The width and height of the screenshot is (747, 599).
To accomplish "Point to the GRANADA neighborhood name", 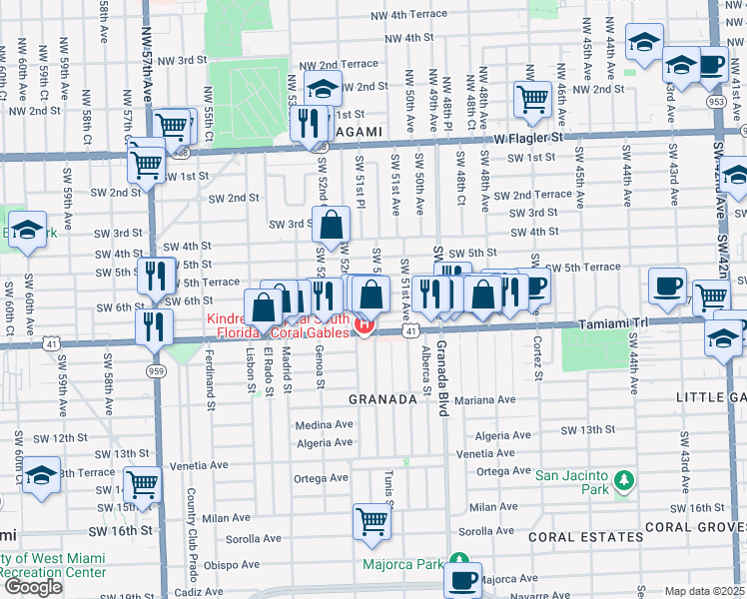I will (x=381, y=399).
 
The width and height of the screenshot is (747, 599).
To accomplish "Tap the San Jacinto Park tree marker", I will (x=624, y=482).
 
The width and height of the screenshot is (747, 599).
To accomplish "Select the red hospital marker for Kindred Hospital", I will (x=365, y=325).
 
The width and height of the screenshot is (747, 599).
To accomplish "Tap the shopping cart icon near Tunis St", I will (x=372, y=521).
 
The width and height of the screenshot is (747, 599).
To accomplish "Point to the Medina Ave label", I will (x=325, y=424).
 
